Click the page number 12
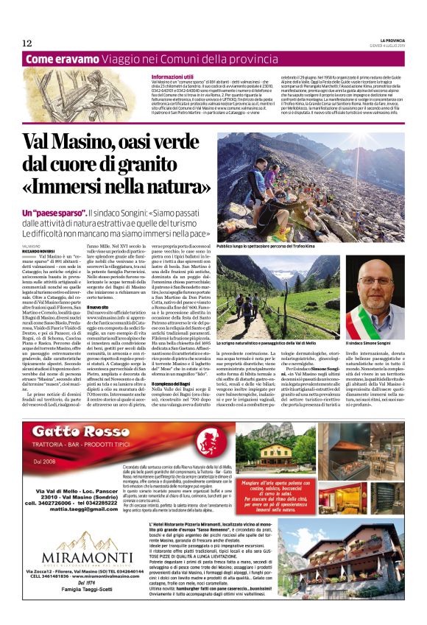[x=27, y=43]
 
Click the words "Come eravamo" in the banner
[x=57, y=59]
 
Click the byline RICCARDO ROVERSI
[x=39, y=251]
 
